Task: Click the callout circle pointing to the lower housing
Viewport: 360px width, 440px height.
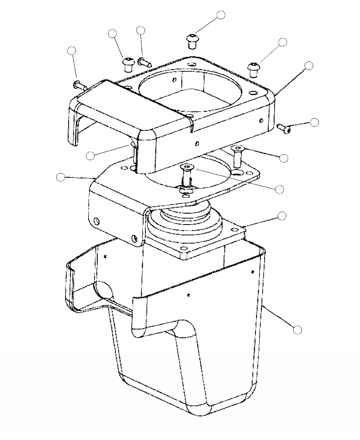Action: click(298, 330)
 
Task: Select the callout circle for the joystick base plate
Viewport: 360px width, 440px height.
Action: click(282, 215)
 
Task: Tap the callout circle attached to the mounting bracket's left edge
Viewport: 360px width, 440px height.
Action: click(60, 177)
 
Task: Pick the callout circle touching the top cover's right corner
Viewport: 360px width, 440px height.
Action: click(309, 65)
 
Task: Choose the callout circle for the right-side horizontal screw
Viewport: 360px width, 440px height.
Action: click(314, 122)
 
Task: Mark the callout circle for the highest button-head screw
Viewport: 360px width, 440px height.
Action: click(221, 15)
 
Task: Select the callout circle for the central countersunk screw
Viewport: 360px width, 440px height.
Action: click(280, 188)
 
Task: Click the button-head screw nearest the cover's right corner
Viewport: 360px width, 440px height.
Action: click(253, 68)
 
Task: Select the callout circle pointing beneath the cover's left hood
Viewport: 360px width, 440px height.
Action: click(90, 155)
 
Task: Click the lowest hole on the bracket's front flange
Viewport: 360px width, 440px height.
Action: click(135, 238)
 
